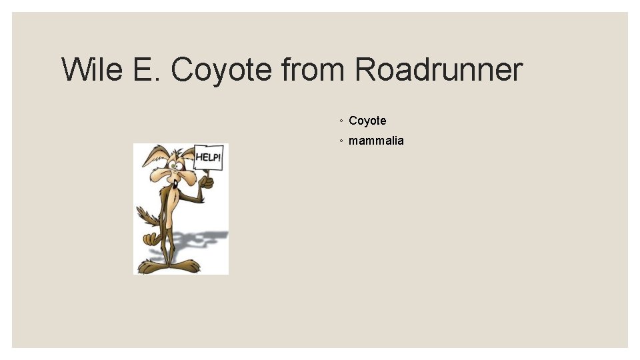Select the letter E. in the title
(x=147, y=69)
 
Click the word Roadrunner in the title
(x=439, y=69)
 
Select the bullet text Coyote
(x=367, y=121)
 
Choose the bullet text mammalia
(x=376, y=141)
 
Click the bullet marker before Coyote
(x=341, y=121)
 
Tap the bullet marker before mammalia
(x=341, y=141)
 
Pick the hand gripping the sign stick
(x=207, y=181)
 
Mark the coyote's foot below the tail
(x=149, y=267)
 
